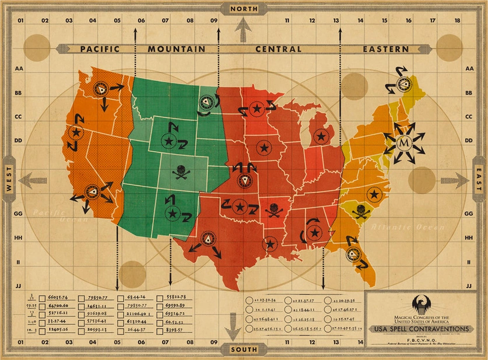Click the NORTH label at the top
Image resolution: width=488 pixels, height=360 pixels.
click(244, 9)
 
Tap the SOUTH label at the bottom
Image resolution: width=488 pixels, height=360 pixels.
click(244, 350)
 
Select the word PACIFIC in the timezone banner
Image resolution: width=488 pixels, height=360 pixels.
click(100, 49)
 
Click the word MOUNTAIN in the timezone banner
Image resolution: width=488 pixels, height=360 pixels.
click(176, 49)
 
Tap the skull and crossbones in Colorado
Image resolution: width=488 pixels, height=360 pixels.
click(180, 172)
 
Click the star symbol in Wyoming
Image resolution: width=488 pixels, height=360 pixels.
click(169, 141)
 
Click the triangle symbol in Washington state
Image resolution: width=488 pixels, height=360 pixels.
click(103, 89)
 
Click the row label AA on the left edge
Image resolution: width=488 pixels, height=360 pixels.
click(19, 69)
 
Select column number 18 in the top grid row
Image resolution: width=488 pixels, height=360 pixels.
click(457, 20)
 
